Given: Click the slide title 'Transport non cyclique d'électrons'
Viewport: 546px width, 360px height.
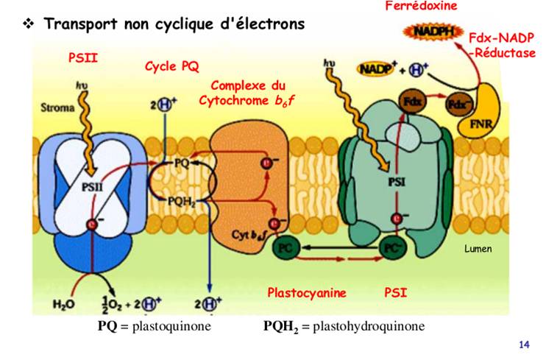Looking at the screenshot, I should click(174, 24).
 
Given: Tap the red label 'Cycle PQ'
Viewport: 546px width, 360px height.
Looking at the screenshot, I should click(171, 67).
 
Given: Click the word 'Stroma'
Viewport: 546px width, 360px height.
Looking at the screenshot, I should click(57, 108).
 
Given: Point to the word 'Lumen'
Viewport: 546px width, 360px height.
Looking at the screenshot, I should click(478, 249).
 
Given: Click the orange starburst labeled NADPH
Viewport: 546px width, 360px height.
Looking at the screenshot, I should click(428, 32).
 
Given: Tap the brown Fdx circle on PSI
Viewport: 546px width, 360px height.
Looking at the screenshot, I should click(411, 102).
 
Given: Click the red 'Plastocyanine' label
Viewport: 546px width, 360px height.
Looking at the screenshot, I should click(307, 292).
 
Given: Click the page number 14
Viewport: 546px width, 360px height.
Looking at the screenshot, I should click(524, 345).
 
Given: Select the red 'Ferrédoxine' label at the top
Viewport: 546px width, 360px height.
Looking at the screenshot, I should click(421, 6).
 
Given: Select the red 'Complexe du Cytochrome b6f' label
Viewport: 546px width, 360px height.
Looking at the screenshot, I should click(247, 93).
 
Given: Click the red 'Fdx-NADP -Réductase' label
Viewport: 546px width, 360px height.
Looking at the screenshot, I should click(502, 45).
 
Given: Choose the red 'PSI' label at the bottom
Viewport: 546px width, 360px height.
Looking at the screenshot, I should click(395, 292).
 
